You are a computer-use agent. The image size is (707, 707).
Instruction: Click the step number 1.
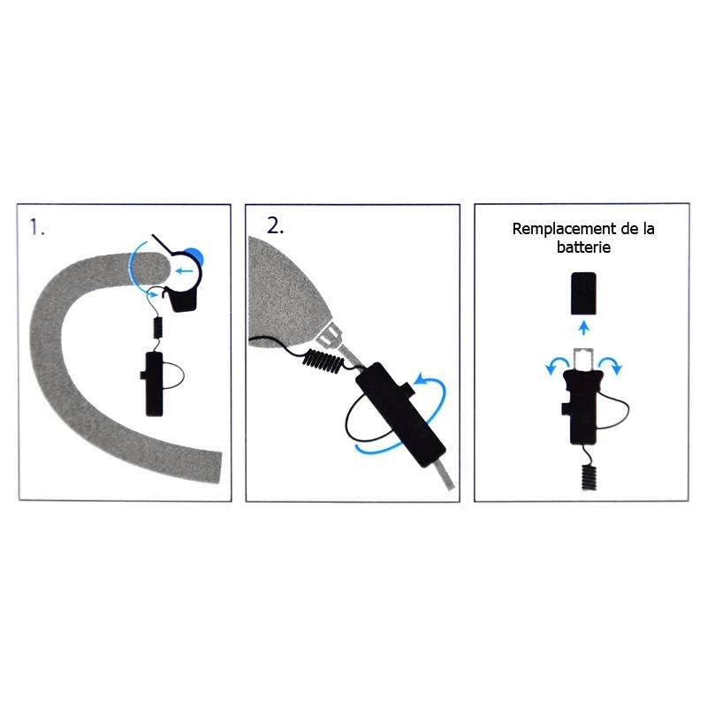(x=36, y=227)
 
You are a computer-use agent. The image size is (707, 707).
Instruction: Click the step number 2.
(x=275, y=225)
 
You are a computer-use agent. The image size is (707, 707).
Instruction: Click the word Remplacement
(x=564, y=229)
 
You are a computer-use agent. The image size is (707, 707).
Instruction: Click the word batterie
(x=583, y=247)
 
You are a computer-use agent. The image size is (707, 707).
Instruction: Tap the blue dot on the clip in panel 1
(x=197, y=256)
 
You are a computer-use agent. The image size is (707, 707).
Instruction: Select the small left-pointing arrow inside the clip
(x=184, y=271)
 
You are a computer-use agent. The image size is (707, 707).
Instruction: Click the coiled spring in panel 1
(x=158, y=327)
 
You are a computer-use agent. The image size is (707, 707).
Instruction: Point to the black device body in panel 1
(x=154, y=384)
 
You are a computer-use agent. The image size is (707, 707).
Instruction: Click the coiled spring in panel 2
(x=323, y=361)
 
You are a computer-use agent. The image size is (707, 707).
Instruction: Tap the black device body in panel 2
(x=400, y=414)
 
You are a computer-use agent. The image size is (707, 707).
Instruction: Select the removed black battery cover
(x=583, y=293)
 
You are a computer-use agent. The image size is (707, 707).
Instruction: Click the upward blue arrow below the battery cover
(x=584, y=327)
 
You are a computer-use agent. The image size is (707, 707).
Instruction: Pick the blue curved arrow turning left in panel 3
(x=558, y=365)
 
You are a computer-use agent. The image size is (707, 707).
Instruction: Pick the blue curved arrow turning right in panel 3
(x=611, y=365)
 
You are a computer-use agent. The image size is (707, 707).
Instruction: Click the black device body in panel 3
(x=582, y=407)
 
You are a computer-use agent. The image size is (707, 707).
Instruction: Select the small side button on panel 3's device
(x=566, y=408)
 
